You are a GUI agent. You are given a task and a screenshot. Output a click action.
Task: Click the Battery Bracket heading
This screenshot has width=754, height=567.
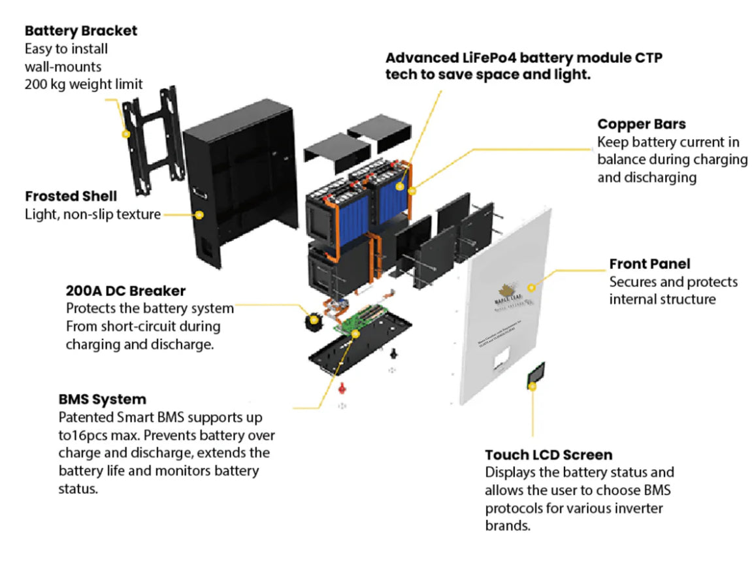pos(81,31)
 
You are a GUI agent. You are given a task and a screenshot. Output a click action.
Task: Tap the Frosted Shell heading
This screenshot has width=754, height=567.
pos(71,196)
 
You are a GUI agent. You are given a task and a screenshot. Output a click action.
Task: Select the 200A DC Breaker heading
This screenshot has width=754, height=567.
pos(125,290)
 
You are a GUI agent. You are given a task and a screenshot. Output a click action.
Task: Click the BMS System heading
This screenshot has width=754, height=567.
pos(102,398)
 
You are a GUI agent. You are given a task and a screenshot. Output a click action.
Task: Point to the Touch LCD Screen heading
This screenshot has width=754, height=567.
pos(548,455)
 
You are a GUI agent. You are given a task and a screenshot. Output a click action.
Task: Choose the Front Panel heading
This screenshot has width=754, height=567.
pos(649,264)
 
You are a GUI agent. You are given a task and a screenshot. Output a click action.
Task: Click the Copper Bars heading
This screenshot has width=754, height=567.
pos(642,124)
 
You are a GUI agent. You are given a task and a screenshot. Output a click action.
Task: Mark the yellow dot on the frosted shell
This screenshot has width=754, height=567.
pos(199,214)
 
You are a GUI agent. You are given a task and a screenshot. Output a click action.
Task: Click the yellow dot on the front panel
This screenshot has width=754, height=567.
pos(531,287)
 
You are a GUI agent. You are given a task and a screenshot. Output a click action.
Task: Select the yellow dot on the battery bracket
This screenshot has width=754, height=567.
pos(126,134)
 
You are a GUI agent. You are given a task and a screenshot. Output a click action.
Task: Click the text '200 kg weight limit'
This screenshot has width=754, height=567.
pos(84,84)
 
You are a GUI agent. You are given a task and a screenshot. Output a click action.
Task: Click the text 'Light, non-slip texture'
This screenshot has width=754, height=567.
pos(92,214)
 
